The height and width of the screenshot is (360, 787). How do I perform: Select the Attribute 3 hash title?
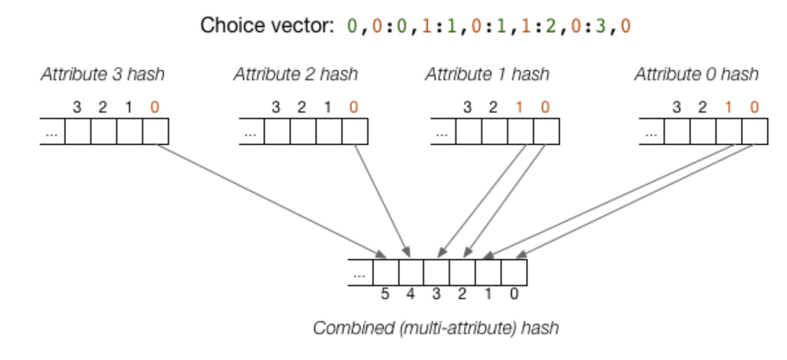pyautogui.click(x=102, y=74)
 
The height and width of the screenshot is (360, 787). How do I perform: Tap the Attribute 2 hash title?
pyautogui.click(x=296, y=74)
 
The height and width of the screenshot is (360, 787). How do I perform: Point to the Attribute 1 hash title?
pyautogui.click(x=487, y=74)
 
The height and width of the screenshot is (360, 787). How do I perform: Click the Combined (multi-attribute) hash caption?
pyautogui.click(x=435, y=328)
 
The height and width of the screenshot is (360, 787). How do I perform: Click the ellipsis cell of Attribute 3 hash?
pyautogui.click(x=53, y=132)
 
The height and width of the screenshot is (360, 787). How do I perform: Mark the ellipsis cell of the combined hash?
pyautogui.click(x=360, y=272)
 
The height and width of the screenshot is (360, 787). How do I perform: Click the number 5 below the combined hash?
pyautogui.click(x=386, y=294)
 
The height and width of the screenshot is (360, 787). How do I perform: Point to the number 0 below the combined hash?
pyautogui.click(x=513, y=294)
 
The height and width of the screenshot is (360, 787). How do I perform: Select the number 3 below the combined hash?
pyautogui.click(x=437, y=294)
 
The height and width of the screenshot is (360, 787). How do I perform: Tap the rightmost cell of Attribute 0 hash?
pyautogui.click(x=753, y=132)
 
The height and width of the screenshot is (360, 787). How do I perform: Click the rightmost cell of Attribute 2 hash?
pyautogui.click(x=354, y=132)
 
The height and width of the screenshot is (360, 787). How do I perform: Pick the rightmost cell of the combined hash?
pyautogui.click(x=513, y=272)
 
